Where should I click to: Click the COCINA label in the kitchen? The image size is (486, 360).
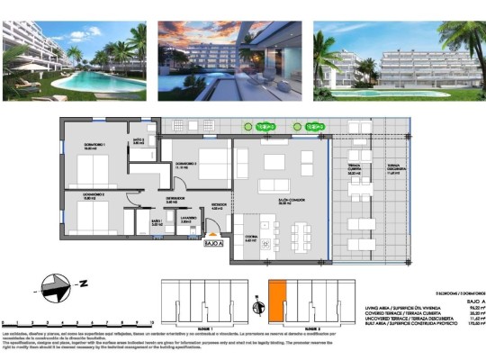coord(251,239)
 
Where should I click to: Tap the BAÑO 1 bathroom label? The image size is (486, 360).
coord(157,221)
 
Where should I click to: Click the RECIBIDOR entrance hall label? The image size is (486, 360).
coord(220,206)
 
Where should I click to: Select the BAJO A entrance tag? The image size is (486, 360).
coord(212,244)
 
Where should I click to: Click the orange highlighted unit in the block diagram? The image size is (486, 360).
coord(278,296)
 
